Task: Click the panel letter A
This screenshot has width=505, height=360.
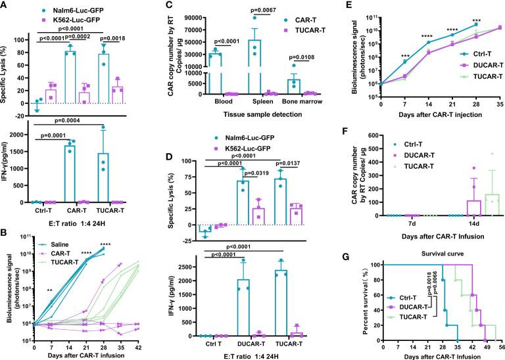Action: pos(6,7)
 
